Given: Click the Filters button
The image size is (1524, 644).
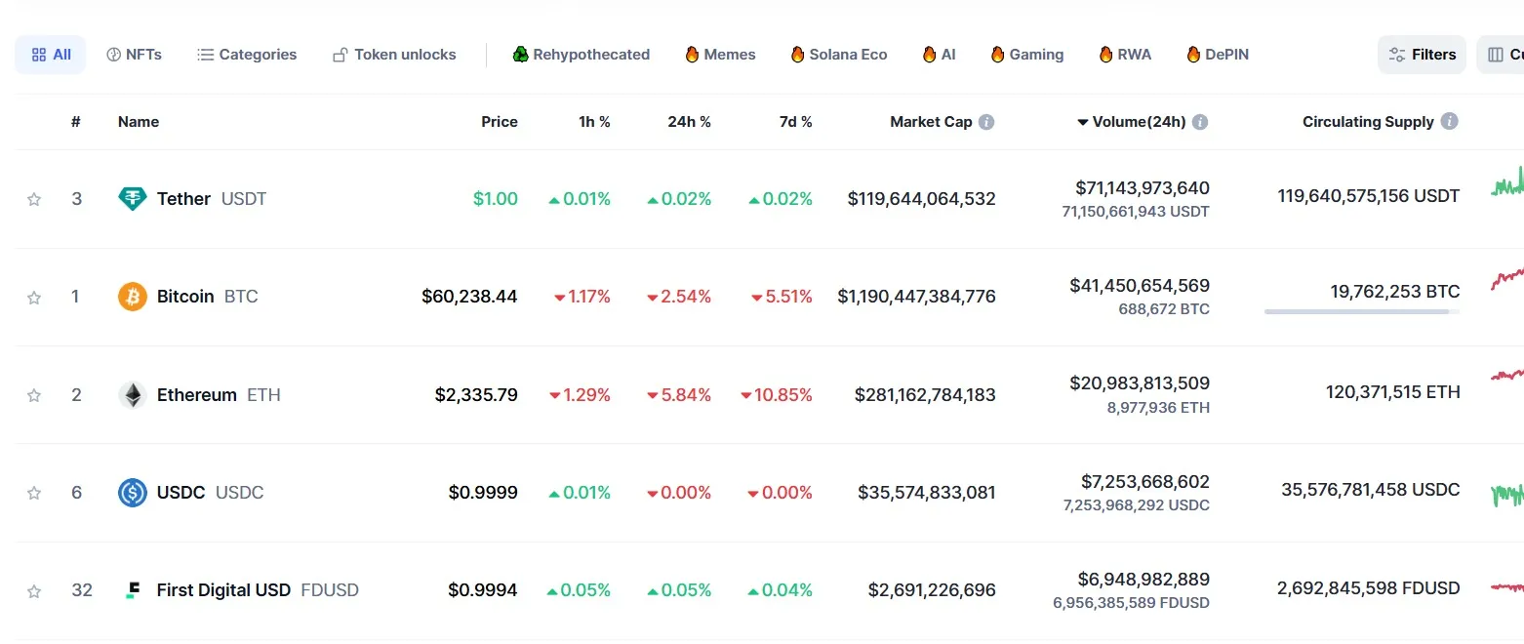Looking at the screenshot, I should pyautogui.click(x=1422, y=55).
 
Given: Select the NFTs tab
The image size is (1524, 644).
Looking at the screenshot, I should pyautogui.click(x=134, y=55).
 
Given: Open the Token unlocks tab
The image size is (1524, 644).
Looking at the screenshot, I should pyautogui.click(x=394, y=55).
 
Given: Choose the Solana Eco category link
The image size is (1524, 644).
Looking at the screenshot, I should pyautogui.click(x=839, y=55).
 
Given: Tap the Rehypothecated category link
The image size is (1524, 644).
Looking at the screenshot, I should pyautogui.click(x=582, y=55).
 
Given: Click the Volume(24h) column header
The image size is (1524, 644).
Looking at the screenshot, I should pyautogui.click(x=1139, y=122).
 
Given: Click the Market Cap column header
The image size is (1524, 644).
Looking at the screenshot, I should pyautogui.click(x=931, y=122).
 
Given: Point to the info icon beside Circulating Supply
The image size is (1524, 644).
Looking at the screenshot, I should pyautogui.click(x=1450, y=122).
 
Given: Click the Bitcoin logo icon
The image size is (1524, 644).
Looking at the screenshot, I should pyautogui.click(x=133, y=297).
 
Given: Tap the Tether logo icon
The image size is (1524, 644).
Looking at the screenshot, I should pyautogui.click(x=133, y=199).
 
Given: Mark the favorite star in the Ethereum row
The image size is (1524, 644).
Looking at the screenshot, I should pyautogui.click(x=34, y=395).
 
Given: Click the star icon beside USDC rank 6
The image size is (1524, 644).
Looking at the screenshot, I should pyautogui.click(x=34, y=493).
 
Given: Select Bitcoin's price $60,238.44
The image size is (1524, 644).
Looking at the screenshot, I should pyautogui.click(x=469, y=297).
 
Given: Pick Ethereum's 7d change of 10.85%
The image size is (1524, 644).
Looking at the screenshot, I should pyautogui.click(x=777, y=395).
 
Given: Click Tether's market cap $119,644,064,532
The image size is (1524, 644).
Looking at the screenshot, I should pyautogui.click(x=921, y=199).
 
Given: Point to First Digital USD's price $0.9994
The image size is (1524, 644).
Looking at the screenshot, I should pyautogui.click(x=483, y=590).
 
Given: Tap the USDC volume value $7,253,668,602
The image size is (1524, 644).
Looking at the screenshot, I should pyautogui.click(x=1144, y=482).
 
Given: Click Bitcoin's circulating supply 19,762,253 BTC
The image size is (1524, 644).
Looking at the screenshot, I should pyautogui.click(x=1394, y=292).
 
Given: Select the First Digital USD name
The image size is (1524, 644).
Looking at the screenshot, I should pyautogui.click(x=223, y=590).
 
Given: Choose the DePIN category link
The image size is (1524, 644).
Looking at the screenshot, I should pyautogui.click(x=1218, y=55).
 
